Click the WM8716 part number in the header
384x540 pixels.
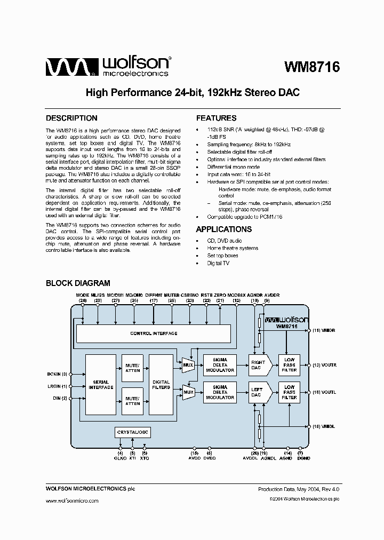coord(312,68)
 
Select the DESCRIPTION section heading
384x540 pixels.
coord(71,118)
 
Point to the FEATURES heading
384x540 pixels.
coord(216,118)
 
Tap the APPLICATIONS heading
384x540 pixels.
coord(223,229)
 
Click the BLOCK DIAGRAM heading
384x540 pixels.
coord(78,283)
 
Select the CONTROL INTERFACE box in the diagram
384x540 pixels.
coord(154,333)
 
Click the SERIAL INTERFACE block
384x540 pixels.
coord(101,384)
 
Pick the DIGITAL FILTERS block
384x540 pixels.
coord(161,384)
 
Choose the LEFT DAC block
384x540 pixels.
coord(259,392)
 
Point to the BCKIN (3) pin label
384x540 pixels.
coord(57,374)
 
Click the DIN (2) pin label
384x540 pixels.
coord(60,398)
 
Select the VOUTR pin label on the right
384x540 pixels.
coord(324,366)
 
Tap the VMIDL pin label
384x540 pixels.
coord(324,426)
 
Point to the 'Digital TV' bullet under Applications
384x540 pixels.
coord(218,263)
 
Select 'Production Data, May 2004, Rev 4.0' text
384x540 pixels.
coord(299,489)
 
